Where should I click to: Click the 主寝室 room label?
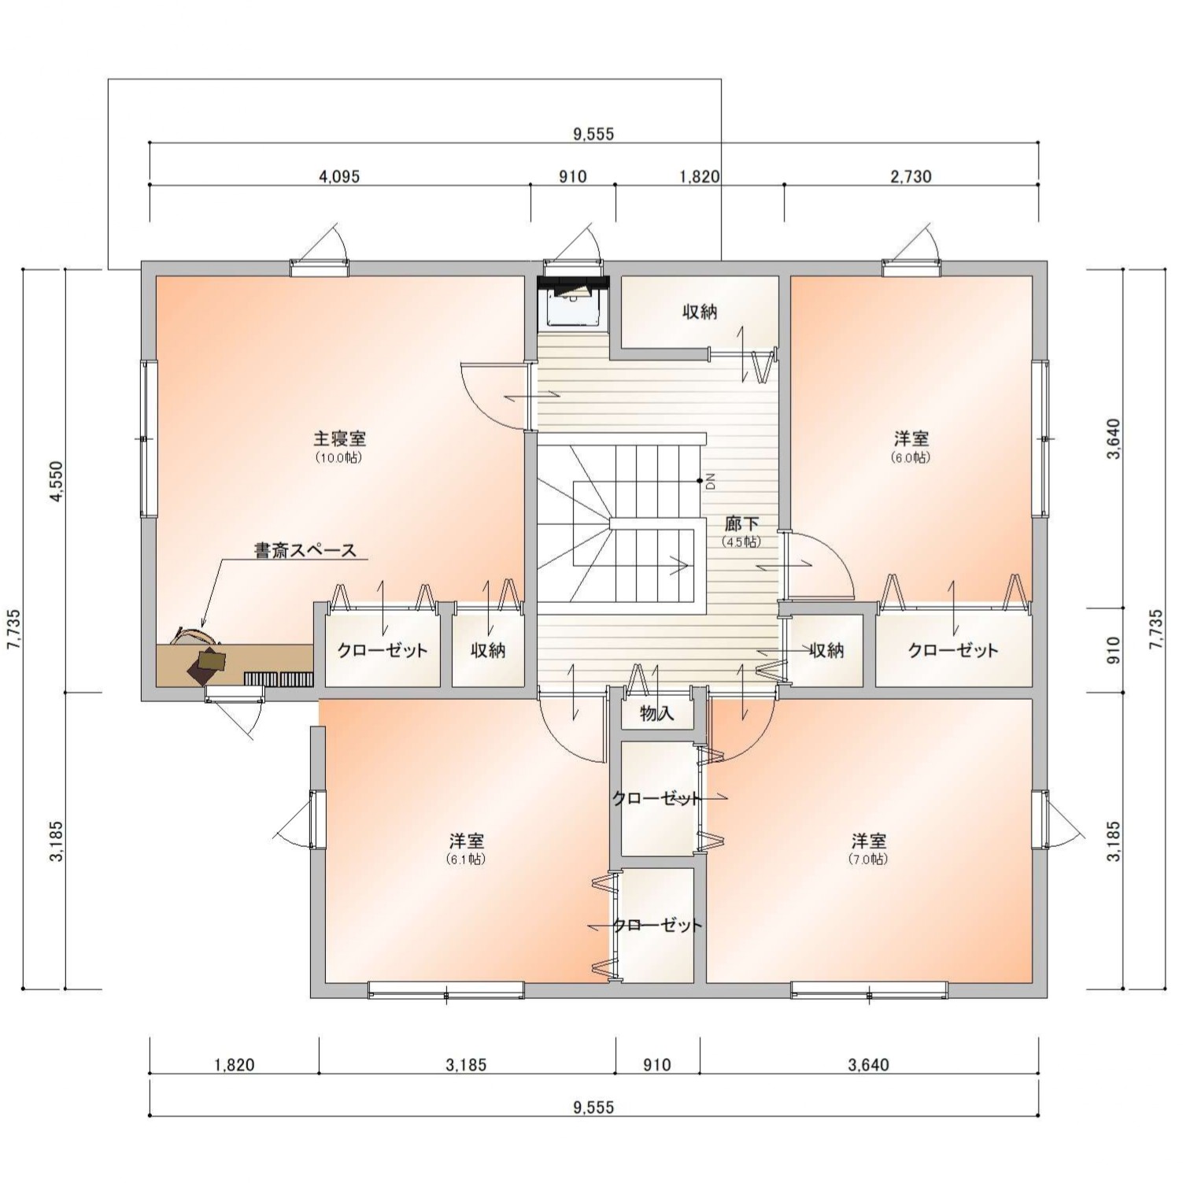coord(340,438)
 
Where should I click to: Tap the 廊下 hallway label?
coord(741,523)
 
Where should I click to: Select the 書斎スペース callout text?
coord(305,550)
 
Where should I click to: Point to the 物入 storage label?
coord(656,714)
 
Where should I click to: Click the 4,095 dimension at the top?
coord(339,176)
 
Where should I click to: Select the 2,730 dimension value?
coord(911,176)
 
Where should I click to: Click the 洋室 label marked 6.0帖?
coord(911,438)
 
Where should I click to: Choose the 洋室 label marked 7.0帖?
coord(868,841)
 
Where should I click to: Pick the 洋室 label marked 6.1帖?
coord(466,841)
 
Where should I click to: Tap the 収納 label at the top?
coord(700,312)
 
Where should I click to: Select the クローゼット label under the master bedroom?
coord(383,650)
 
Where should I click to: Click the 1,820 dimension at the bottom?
coord(234,1065)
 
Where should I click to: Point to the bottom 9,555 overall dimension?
coord(593,1107)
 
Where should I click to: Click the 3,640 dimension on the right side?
coord(1114,439)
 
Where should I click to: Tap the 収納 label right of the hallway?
coord(826,650)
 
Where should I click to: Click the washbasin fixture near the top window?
coord(574,303)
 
